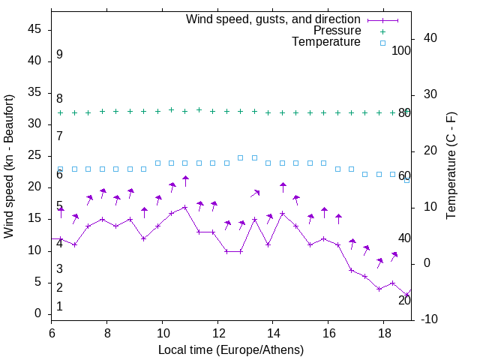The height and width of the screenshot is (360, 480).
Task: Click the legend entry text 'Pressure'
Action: [x=337, y=31]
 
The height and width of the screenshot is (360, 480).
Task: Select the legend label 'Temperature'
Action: [x=326, y=42]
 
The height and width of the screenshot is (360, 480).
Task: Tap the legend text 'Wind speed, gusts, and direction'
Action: [x=274, y=19]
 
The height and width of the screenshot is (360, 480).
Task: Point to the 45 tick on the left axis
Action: [x=35, y=29]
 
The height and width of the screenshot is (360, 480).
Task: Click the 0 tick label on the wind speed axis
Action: [x=38, y=314]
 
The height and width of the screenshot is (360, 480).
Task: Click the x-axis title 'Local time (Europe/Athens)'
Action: [x=231, y=350]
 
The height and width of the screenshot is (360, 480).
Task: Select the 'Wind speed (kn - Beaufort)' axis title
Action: [x=9, y=166]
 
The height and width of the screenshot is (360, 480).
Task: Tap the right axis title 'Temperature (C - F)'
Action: [x=451, y=166]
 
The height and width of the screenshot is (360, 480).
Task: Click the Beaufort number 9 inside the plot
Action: [x=59, y=55]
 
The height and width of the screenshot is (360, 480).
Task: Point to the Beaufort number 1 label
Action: [x=59, y=307]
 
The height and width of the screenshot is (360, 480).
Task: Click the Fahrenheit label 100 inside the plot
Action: [x=401, y=50]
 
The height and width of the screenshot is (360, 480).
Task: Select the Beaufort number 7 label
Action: [x=59, y=136]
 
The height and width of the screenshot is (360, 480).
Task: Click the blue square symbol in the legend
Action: [x=382, y=43]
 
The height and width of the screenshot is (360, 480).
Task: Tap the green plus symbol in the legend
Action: [x=382, y=31]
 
